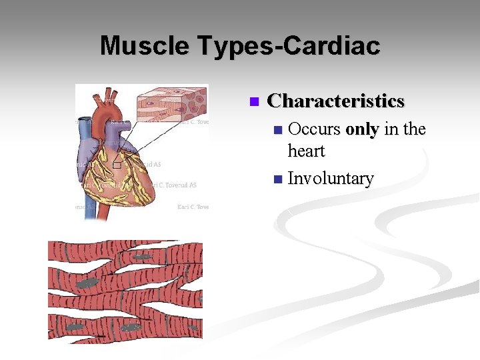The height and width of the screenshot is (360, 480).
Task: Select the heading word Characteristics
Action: pyautogui.click(x=335, y=101)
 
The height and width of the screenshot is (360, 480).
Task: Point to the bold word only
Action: pyautogui.click(x=362, y=129)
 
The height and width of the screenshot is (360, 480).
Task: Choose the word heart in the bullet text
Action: pyautogui.click(x=306, y=151)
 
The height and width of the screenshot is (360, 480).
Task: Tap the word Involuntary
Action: pyautogui.click(x=330, y=179)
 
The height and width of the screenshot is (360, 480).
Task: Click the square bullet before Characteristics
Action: pyautogui.click(x=253, y=102)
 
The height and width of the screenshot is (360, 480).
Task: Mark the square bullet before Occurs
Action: pyautogui.click(x=278, y=129)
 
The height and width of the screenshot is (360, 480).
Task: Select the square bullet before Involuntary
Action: pyautogui.click(x=278, y=179)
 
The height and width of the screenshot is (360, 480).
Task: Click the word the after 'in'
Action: pyautogui.click(x=413, y=129)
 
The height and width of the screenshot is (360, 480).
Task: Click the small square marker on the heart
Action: pyautogui.click(x=117, y=165)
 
